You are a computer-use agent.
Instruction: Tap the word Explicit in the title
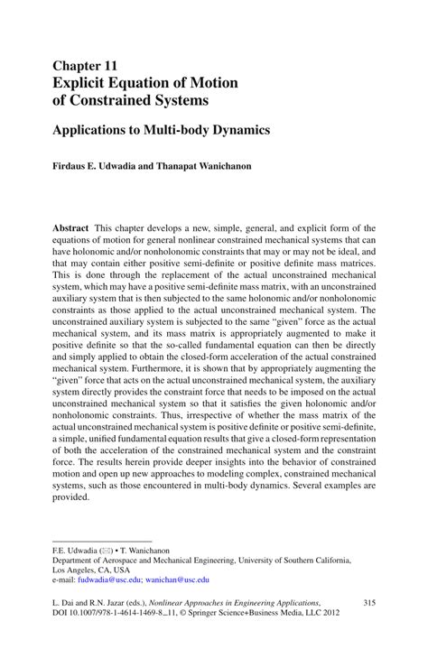point(84,82)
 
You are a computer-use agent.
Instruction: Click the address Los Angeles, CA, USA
point(91,570)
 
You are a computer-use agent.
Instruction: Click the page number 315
point(368,602)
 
